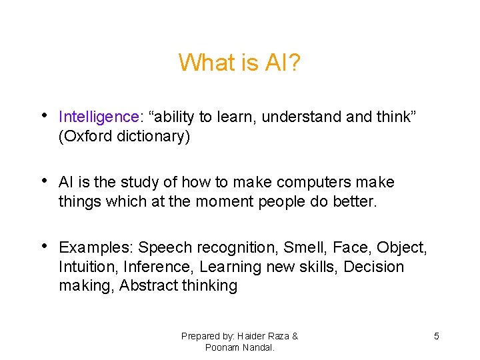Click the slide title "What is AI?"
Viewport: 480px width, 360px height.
(x=239, y=63)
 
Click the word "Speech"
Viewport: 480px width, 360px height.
(x=163, y=248)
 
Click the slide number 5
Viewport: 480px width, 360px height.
(x=437, y=336)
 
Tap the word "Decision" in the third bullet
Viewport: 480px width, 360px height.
(x=375, y=267)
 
